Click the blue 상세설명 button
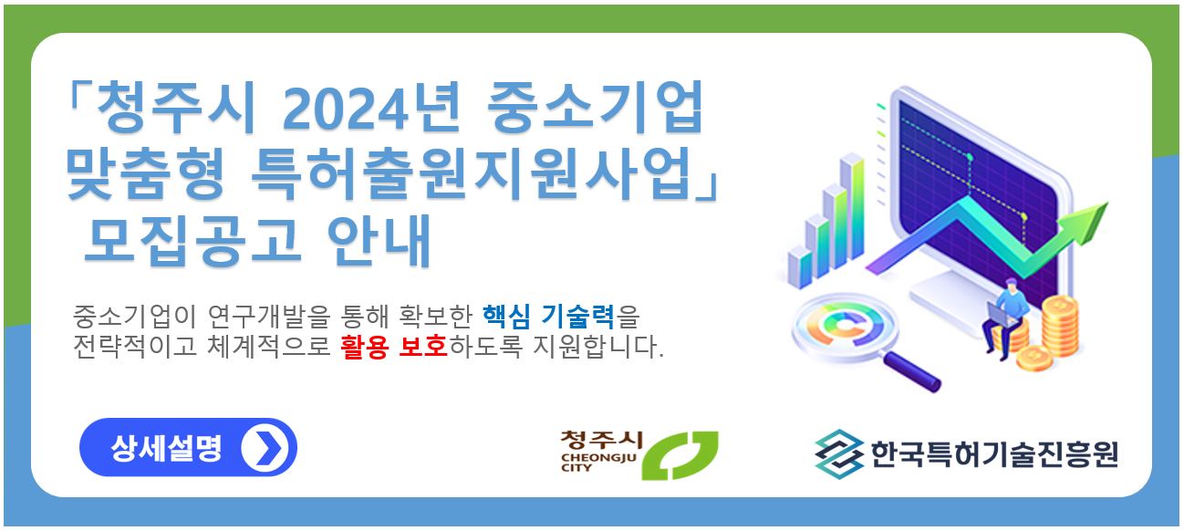point(188,447)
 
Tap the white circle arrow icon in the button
point(265,448)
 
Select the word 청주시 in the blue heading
point(176,108)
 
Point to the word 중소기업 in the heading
point(595,108)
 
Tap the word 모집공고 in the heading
point(193,240)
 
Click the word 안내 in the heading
point(379,240)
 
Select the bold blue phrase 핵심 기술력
point(548,317)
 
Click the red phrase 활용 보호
point(394,347)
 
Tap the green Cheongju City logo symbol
point(680,455)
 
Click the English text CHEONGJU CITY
point(598,462)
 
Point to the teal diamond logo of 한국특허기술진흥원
point(839,453)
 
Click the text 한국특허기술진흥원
point(993,453)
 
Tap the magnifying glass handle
point(912,372)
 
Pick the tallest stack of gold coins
point(1060,326)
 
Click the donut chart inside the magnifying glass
point(846,326)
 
